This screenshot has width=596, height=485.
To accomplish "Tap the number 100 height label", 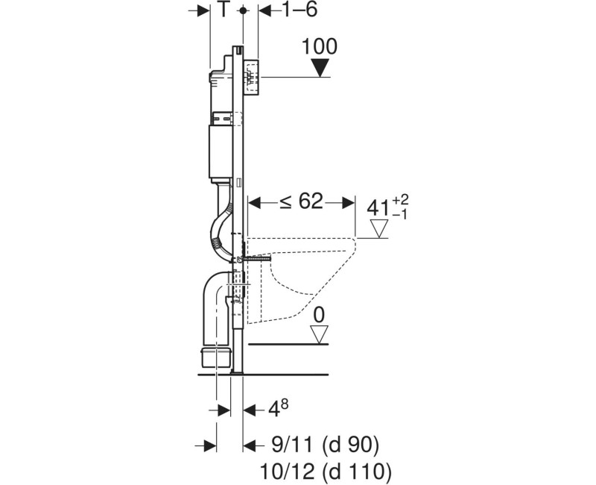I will coord(320,46).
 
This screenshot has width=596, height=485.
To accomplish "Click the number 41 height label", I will coord(380,207).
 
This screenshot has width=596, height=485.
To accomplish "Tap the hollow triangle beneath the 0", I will coord(319,336).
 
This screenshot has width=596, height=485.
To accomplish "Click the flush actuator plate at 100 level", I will coord(252,76).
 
